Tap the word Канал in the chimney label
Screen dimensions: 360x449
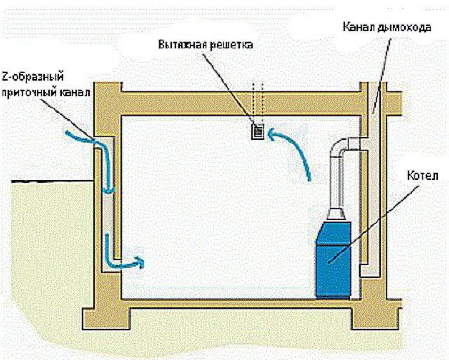pos(359,27)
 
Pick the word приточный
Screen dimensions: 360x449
pos(37,91)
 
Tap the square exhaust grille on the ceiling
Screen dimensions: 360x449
pos(258,132)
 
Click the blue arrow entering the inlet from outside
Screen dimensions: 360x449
pos(79,136)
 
